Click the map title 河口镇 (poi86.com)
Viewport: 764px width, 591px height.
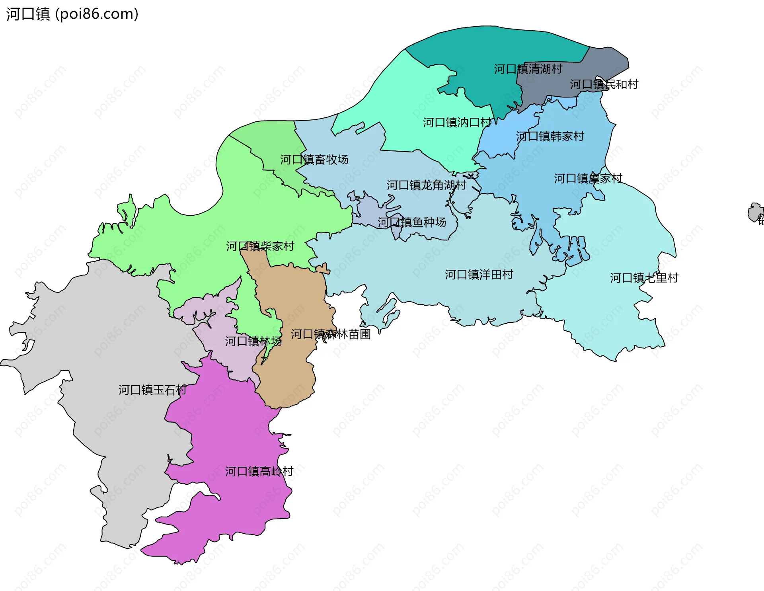coord(72,14)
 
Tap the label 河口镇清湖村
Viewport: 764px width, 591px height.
coord(528,69)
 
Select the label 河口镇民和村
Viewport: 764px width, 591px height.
coord(604,84)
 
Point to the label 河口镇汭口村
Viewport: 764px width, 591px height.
coord(457,122)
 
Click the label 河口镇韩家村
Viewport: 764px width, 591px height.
coord(550,136)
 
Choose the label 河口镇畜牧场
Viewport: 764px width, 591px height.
coord(314,159)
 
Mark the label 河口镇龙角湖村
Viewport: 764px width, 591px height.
coord(426,185)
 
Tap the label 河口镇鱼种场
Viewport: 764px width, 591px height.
coord(411,222)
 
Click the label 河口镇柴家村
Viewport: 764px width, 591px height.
coord(260,246)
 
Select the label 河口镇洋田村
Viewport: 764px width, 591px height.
coord(479,274)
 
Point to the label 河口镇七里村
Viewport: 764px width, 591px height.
coord(644,277)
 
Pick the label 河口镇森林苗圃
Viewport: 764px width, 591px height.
coord(331,334)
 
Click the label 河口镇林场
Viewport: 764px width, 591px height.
coord(253,341)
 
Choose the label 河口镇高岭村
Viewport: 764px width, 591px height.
coord(259,471)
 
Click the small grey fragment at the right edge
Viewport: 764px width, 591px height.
coord(755,213)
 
